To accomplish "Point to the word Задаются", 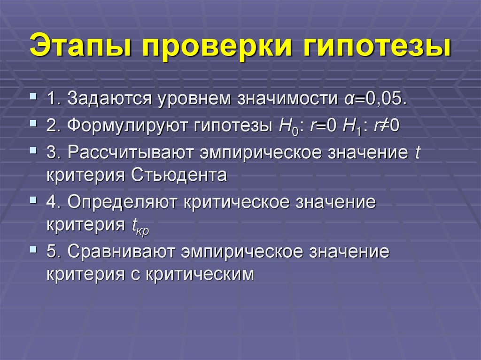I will click(x=109, y=100).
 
